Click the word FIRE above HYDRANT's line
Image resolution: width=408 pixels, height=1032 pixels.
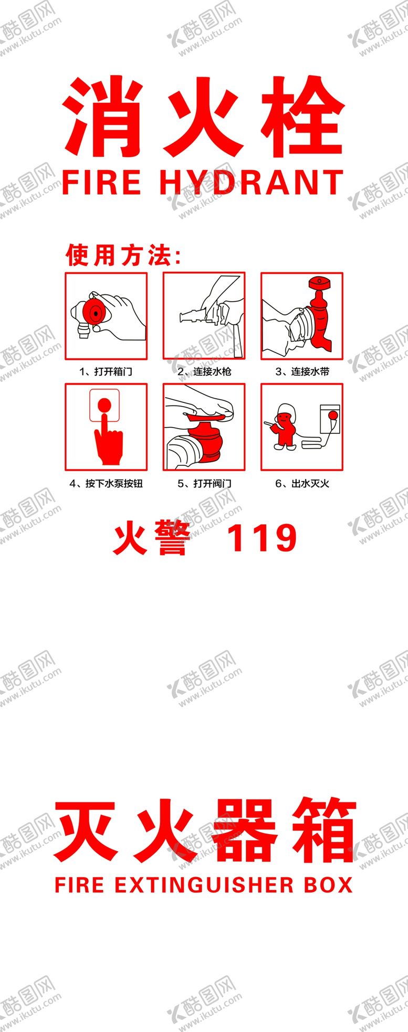(x=101, y=182)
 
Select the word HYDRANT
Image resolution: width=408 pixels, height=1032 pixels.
(x=252, y=182)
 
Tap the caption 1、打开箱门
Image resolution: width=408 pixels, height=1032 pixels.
(x=106, y=371)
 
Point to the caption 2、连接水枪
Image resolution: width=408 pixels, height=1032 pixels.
(x=204, y=371)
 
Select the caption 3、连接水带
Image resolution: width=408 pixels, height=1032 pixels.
(x=302, y=371)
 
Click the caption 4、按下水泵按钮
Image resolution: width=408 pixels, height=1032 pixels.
(x=106, y=483)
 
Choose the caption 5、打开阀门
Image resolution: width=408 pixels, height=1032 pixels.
(x=204, y=483)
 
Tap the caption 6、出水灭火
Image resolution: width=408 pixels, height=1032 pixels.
(x=302, y=483)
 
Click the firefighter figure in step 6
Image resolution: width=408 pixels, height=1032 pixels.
(x=285, y=427)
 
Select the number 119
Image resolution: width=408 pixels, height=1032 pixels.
(x=261, y=538)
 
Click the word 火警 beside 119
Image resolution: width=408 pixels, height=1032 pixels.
(x=151, y=538)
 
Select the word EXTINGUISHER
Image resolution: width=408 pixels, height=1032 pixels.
(x=204, y=886)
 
